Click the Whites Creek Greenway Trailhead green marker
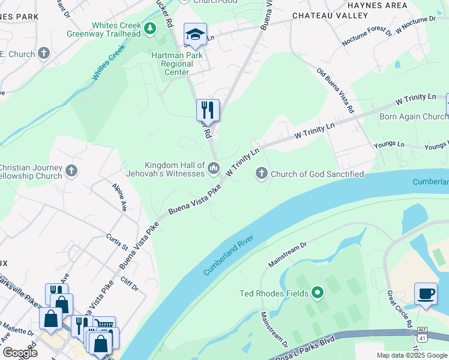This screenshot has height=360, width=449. (x=151, y=28)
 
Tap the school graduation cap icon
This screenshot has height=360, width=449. (x=195, y=34)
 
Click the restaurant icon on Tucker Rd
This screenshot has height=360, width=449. (x=208, y=110)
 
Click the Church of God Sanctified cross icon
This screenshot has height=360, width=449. (x=261, y=174)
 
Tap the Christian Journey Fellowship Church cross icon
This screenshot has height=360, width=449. (x=71, y=171)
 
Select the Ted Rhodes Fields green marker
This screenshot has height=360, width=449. (x=318, y=293)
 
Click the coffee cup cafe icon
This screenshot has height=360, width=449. (x=426, y=294)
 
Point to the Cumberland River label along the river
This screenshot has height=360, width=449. (x=229, y=256)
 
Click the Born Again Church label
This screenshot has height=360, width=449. (x=414, y=116)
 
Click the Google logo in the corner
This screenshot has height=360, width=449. (x=19, y=352)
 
